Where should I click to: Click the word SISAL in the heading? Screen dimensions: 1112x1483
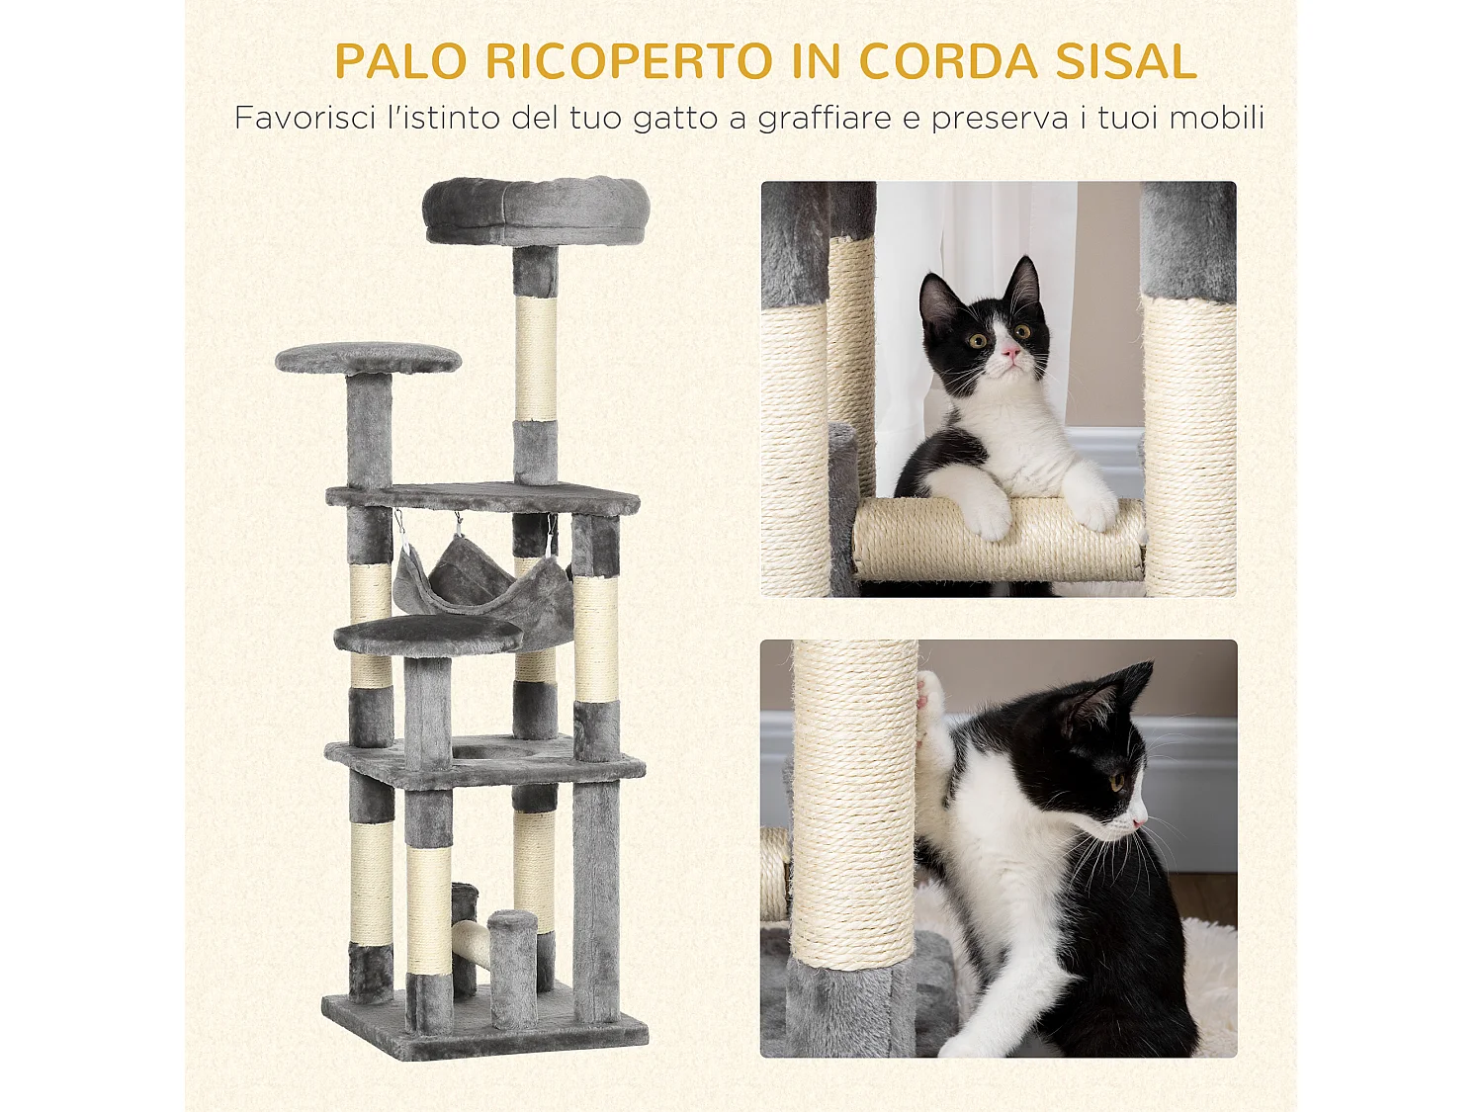click(x=1126, y=61)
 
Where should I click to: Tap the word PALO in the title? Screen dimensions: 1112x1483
click(x=400, y=61)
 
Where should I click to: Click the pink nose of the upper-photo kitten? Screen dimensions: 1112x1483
click(x=1009, y=351)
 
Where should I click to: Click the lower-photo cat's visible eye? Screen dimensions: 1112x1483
click(x=1117, y=783)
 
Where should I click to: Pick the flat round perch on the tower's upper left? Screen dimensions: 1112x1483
click(x=368, y=358)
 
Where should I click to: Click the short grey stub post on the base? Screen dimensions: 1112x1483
click(x=512, y=964)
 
